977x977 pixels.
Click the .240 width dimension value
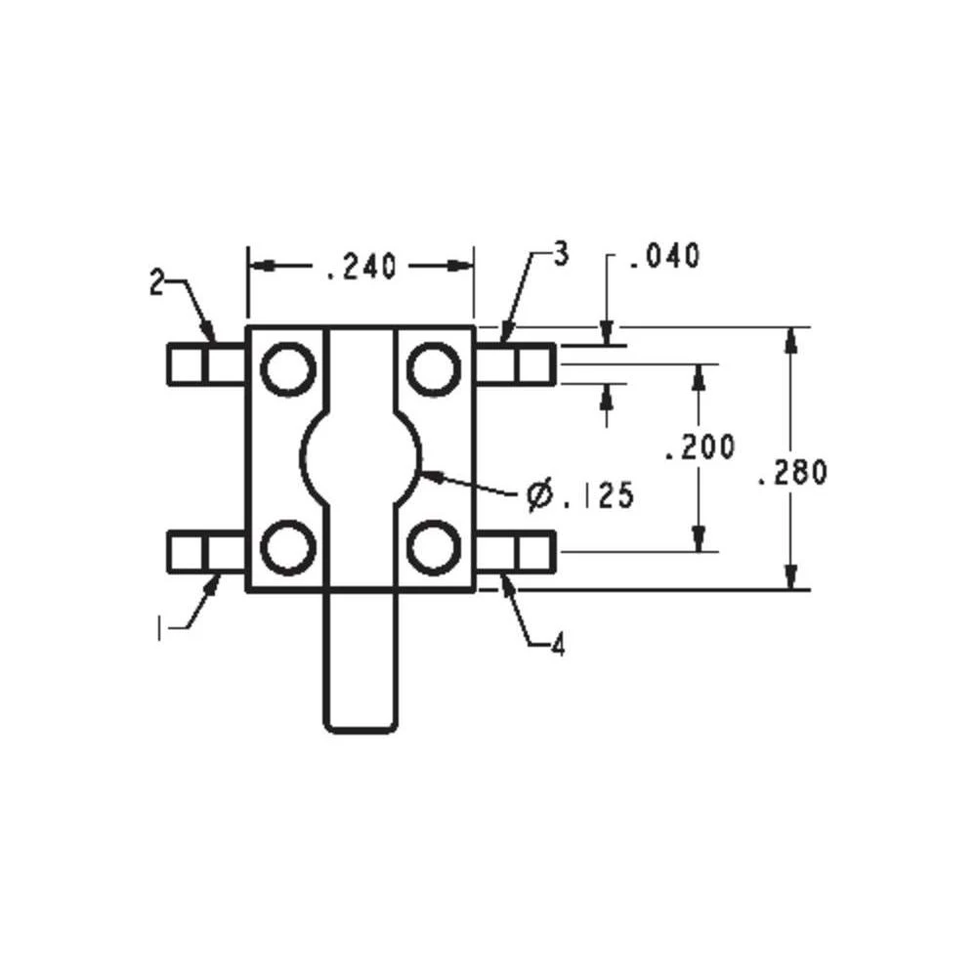360,267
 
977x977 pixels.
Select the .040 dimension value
664,257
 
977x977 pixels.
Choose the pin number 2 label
156,282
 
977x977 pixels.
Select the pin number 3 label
560,255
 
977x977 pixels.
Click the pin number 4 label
558,646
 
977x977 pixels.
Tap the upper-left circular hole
288,369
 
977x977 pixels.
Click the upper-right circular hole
433,369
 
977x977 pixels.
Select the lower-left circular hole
288,548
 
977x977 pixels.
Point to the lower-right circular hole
433,548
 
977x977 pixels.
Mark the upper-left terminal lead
207,364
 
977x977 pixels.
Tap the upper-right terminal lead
515,364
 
